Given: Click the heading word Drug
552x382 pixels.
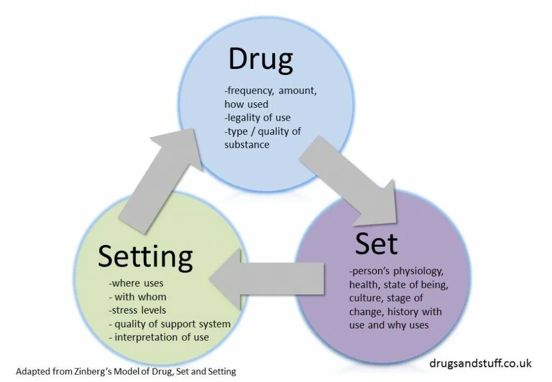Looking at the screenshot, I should click(260, 60).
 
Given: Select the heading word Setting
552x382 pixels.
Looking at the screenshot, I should click(145, 257).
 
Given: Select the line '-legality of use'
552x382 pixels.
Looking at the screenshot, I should click(257, 117).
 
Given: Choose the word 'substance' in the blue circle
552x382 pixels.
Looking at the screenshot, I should click(247, 144).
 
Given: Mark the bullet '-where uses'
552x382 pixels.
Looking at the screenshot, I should click(136, 283).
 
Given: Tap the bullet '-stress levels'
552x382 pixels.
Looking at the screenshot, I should click(137, 310).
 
